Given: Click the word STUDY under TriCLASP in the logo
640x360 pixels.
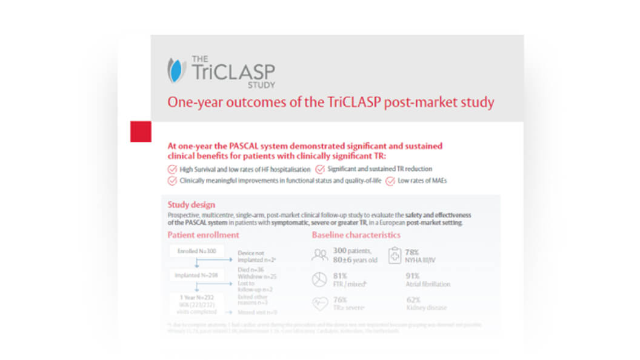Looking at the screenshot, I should click(261, 84).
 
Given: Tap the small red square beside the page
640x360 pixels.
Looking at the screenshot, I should click(141, 131).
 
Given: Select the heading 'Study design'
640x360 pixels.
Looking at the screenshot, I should click(192, 205).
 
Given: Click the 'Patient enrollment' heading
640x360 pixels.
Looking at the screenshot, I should click(204, 235).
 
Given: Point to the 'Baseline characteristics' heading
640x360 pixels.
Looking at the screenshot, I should click(356, 235).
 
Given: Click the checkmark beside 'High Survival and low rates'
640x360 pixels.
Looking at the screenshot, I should click(172, 169).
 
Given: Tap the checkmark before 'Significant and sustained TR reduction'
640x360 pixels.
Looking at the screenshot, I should click(320, 169).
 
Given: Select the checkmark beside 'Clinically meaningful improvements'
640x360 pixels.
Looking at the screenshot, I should click(172, 181).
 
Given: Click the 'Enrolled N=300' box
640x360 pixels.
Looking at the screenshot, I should click(196, 251).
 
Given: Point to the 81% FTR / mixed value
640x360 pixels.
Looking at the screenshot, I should click(341, 276).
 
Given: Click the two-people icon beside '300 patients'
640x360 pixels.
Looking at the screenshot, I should click(319, 255).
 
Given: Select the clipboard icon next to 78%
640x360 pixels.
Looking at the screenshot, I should click(395, 255).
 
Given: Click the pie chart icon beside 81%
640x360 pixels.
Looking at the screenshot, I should click(319, 279).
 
